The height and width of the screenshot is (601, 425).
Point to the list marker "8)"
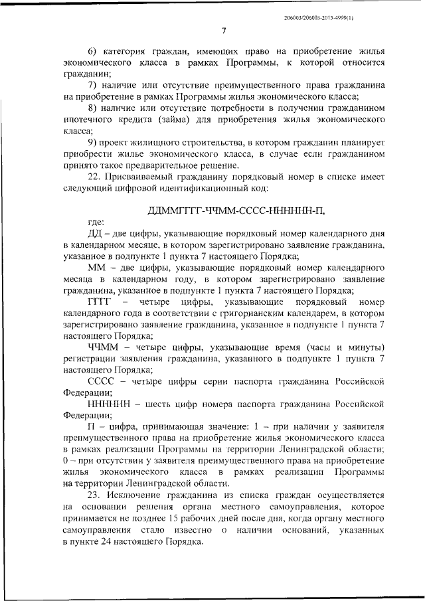92,109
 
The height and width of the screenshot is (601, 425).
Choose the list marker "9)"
92,143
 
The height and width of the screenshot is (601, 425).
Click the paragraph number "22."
96,177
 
